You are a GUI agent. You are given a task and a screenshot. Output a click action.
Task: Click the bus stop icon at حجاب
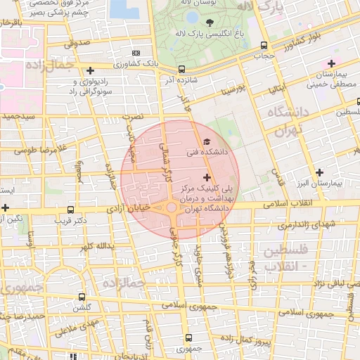(264, 44)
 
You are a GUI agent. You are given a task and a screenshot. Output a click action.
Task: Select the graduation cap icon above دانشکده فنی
(206, 142)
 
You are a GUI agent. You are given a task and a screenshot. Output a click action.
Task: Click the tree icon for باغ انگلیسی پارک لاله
(207, 27)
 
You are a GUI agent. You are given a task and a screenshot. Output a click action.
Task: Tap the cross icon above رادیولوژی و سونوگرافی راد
(90, 70)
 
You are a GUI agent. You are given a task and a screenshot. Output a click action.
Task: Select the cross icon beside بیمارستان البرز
(320, 172)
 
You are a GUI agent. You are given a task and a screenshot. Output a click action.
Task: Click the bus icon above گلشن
(83, 297)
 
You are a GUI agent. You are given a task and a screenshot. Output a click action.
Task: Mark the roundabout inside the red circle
(172, 208)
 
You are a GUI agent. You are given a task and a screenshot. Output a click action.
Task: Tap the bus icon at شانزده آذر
(182, 70)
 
